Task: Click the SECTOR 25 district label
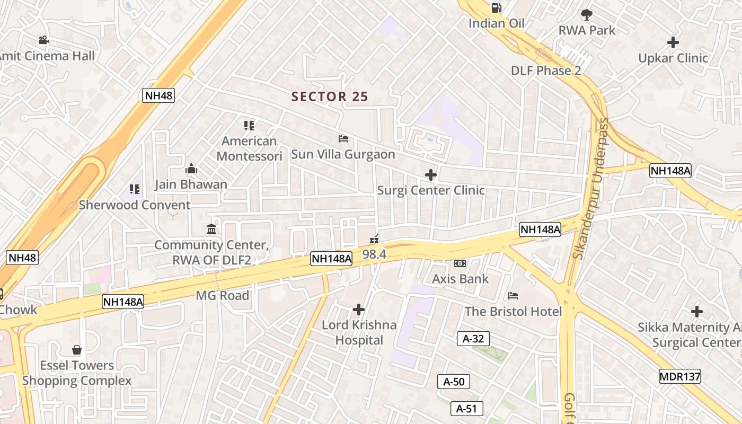[x=330, y=96]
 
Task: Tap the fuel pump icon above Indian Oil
[x=497, y=7]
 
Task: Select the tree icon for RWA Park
[x=587, y=15]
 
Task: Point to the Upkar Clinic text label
[x=673, y=58]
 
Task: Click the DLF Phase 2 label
[x=546, y=70]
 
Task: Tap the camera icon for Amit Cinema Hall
[x=43, y=40]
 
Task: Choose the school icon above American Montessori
[x=249, y=125]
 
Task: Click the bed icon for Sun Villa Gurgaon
[x=343, y=139]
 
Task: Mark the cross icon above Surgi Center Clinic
[x=431, y=174]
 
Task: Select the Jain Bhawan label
[x=191, y=184]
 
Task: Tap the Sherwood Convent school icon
[x=135, y=189]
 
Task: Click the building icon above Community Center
[x=211, y=229]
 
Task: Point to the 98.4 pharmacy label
[x=374, y=254]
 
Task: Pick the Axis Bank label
[x=460, y=279]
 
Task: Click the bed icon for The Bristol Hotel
[x=513, y=295]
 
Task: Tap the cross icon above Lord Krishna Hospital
[x=359, y=309]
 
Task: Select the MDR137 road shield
[x=680, y=376]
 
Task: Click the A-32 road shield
[x=473, y=339]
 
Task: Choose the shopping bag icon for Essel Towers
[x=77, y=350]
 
